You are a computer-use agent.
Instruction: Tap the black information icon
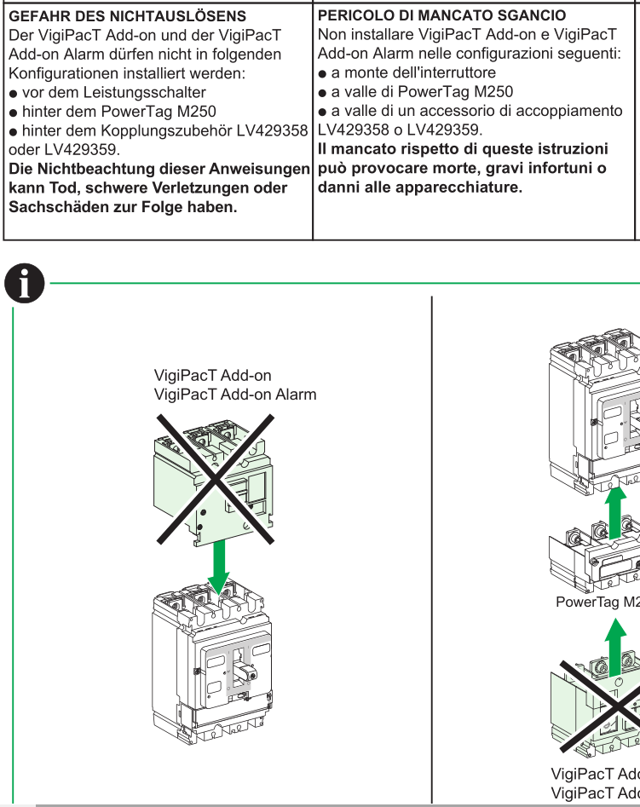pos(25,282)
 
